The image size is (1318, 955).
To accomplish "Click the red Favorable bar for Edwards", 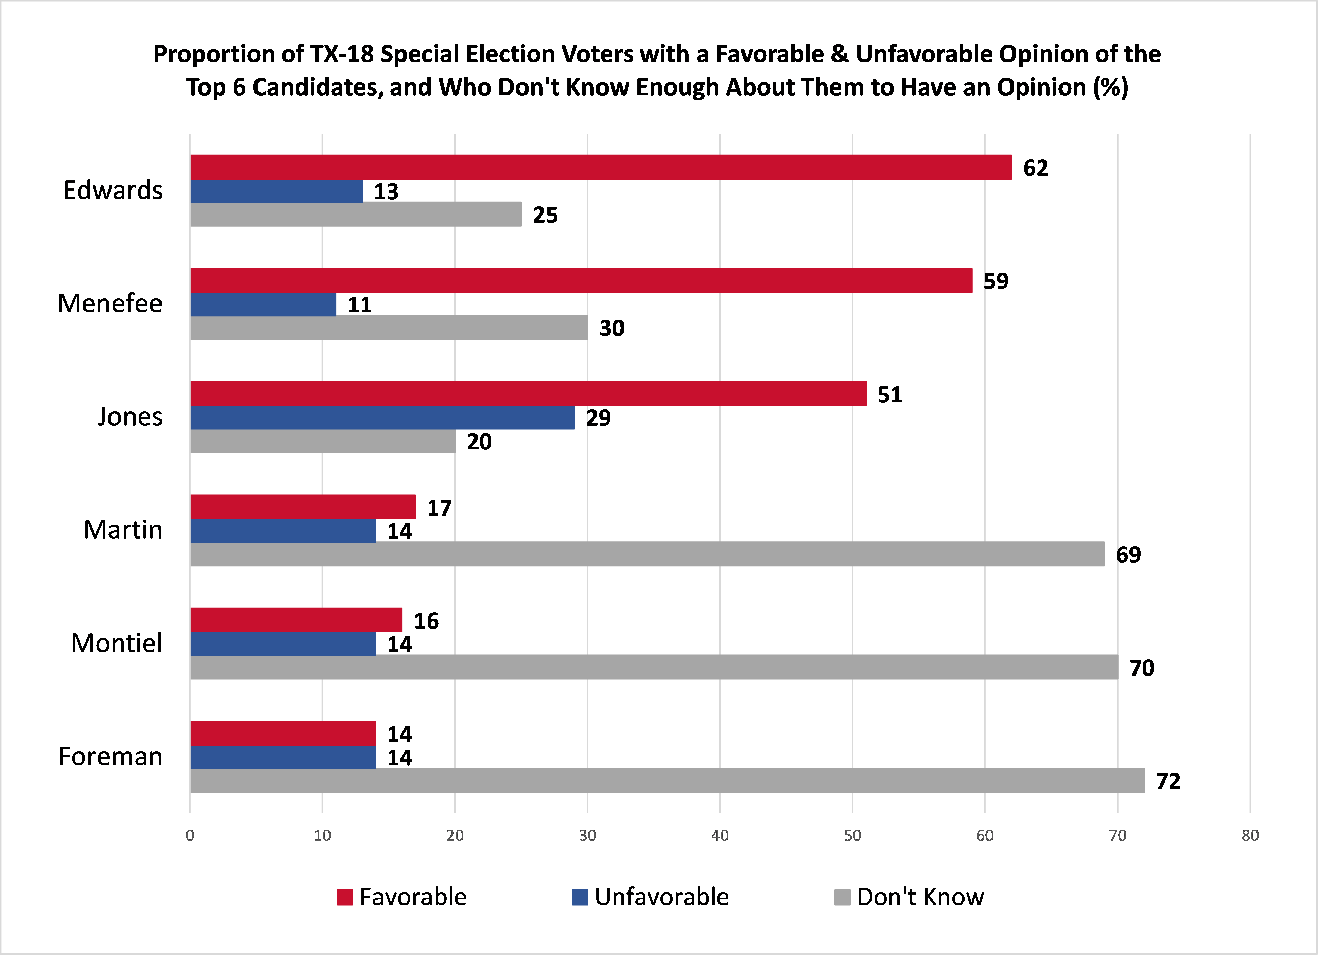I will tap(601, 167).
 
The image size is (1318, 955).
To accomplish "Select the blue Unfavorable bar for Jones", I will tap(382, 418).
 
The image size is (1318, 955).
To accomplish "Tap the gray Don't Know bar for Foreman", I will tap(667, 780).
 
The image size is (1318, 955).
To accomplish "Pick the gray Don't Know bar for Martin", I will tap(648, 554).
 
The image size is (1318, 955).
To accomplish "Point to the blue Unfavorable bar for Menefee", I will tap(263, 304).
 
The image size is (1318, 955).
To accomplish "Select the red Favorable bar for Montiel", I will tap(296, 620).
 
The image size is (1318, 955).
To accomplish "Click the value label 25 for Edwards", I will tap(545, 215).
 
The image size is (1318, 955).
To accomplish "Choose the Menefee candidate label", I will tap(110, 303).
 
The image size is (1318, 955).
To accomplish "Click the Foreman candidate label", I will tap(111, 756).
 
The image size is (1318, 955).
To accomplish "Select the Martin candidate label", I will tap(123, 530).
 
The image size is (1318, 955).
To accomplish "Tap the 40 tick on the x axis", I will tap(719, 835).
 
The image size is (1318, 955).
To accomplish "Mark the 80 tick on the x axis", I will tap(1250, 835).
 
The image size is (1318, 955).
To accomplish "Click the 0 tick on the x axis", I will tap(190, 835).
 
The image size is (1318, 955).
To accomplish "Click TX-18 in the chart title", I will tap(342, 54).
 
